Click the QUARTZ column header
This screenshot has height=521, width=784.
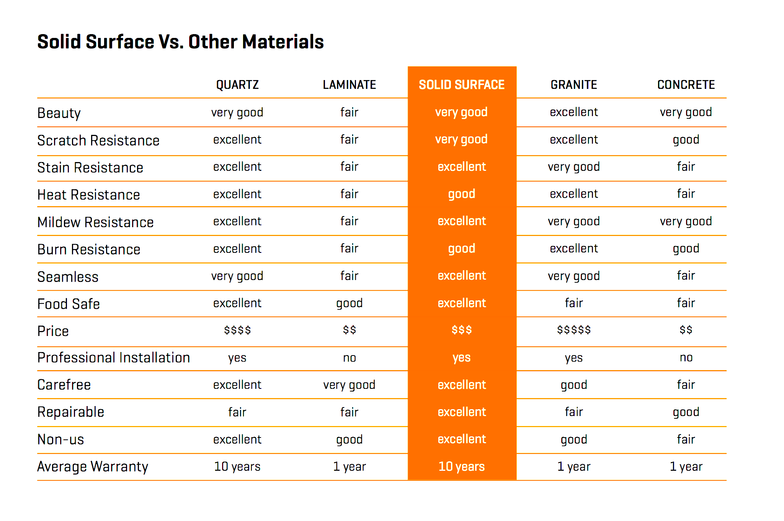(237, 85)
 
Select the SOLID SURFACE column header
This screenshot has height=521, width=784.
(462, 85)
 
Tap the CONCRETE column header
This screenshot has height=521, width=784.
(686, 85)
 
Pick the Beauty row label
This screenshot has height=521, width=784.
(59, 113)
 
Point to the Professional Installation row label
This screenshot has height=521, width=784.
(114, 357)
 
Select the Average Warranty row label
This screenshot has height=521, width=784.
(93, 467)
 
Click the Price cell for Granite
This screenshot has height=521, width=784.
(574, 330)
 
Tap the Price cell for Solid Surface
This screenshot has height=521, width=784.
(462, 330)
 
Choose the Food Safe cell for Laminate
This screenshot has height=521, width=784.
(350, 303)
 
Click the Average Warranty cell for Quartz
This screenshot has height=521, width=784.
(237, 467)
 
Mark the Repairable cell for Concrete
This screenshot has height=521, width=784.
(686, 412)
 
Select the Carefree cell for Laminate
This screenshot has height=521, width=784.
(350, 385)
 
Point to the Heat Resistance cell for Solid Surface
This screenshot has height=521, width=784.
(462, 194)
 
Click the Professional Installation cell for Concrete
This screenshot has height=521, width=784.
(686, 357)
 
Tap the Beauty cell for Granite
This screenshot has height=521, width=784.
(574, 112)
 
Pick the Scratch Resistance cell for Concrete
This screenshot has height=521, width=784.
(686, 139)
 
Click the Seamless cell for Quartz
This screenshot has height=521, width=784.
(237, 276)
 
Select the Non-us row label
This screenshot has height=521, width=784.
(60, 439)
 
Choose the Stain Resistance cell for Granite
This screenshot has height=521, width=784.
(574, 167)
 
